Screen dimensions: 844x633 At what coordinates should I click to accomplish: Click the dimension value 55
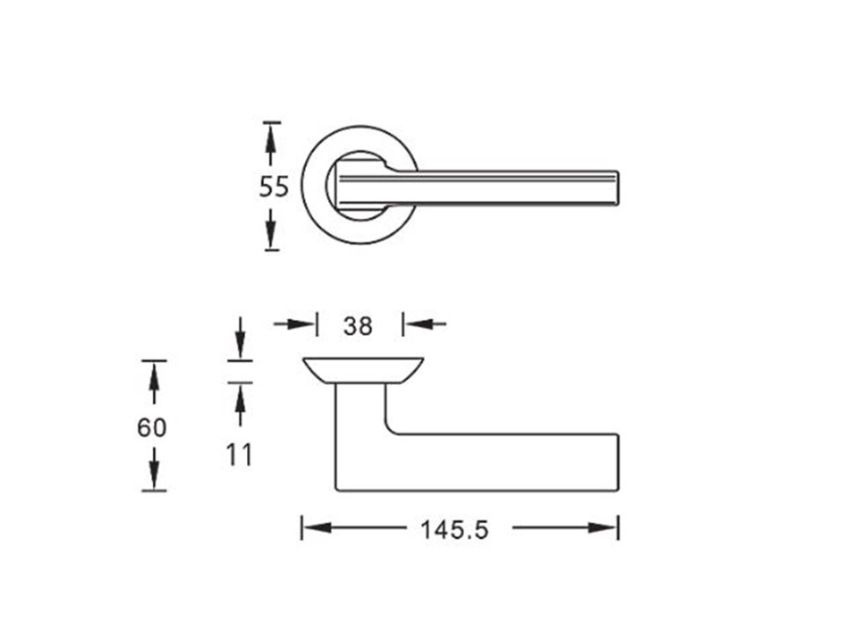pyautogui.click(x=274, y=187)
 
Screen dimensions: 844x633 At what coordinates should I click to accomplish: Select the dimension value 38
pyautogui.click(x=358, y=326)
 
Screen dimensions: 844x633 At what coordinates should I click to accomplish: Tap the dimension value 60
pyautogui.click(x=152, y=428)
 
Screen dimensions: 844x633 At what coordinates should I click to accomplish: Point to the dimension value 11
pyautogui.click(x=238, y=455)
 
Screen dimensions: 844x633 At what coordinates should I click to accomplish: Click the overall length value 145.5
pyautogui.click(x=455, y=530)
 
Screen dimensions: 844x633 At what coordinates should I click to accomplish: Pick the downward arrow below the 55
pyautogui.click(x=272, y=229)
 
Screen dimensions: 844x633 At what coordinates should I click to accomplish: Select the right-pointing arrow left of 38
pyautogui.click(x=294, y=324)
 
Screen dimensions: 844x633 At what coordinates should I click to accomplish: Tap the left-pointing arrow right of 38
pyautogui.click(x=426, y=324)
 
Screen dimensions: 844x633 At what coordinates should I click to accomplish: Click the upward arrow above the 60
pyautogui.click(x=154, y=382)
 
